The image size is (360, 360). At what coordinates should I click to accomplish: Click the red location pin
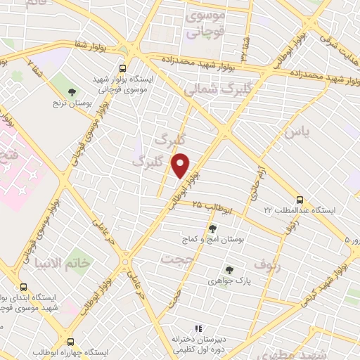point(181,165)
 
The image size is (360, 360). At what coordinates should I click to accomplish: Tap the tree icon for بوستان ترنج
point(72,91)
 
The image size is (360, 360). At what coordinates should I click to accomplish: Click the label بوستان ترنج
point(72,104)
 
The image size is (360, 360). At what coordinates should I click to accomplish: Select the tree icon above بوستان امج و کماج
point(212,227)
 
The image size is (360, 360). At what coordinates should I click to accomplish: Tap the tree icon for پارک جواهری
point(229,269)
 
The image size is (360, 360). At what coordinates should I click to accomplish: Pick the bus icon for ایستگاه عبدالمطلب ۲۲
point(300,199)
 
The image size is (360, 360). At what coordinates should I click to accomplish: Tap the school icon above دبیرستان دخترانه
point(198,328)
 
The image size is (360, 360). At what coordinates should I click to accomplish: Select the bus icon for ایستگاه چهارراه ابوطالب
point(72,340)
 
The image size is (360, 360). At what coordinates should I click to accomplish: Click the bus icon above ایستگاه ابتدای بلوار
point(24,288)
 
